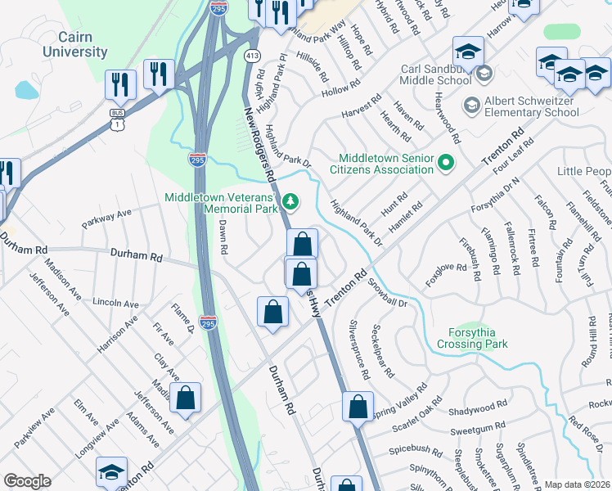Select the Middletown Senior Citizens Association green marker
[446, 163]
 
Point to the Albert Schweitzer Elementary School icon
[470, 105]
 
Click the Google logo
[27, 481]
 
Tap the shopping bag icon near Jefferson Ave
[187, 398]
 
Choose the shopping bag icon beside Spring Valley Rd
[358, 407]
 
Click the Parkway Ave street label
[106, 218]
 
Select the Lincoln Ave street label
[115, 302]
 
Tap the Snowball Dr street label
[387, 295]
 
